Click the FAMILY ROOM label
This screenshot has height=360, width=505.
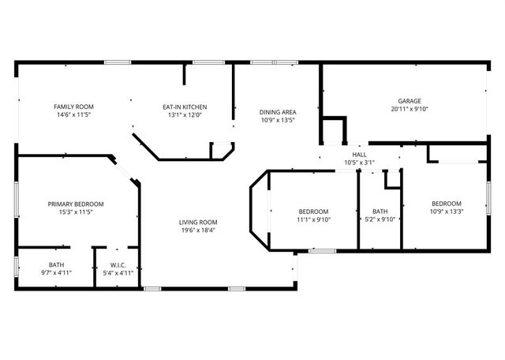pos(74,107)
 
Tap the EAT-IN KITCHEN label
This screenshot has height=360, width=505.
pos(185,107)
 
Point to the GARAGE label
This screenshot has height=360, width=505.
pos(409,101)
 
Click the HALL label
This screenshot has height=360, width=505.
pos(359,155)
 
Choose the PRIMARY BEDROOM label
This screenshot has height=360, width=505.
pos(75,204)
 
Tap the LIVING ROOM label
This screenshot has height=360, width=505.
pos(197,222)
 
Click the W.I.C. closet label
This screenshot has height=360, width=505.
pos(118,264)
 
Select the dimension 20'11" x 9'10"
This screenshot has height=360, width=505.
pos(409,110)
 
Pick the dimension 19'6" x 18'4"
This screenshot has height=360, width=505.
pos(197,231)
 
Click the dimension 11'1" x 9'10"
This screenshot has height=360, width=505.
pos(313,220)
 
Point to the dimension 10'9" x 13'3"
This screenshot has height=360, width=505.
pos(446,212)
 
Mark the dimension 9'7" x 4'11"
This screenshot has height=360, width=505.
pos(56,273)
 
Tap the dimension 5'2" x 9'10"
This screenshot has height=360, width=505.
pos(380,220)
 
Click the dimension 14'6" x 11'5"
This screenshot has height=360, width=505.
pos(74,115)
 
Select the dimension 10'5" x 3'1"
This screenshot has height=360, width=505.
pos(359,163)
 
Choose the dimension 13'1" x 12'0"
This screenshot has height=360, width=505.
pos(185,115)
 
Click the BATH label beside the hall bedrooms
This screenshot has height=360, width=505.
pos(380,212)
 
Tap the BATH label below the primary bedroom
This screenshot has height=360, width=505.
pos(56,264)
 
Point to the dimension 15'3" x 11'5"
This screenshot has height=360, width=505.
pos(75,212)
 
